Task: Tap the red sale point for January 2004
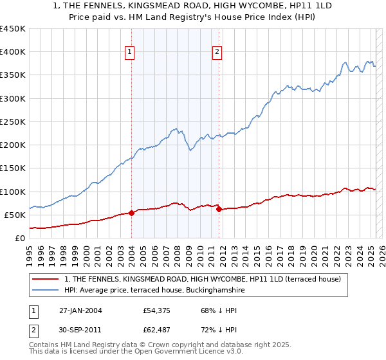(131, 212)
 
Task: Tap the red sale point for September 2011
(219, 209)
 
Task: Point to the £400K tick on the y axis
(13, 52)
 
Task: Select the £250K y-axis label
(13, 122)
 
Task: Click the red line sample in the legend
(46, 279)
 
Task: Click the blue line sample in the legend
(46, 290)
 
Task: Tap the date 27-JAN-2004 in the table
(80, 310)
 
